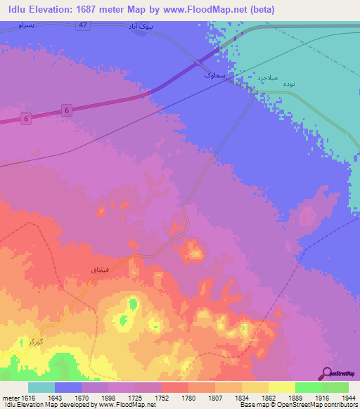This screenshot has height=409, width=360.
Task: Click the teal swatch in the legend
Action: click(x=41, y=387)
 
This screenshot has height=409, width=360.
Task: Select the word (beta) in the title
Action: click(x=259, y=9)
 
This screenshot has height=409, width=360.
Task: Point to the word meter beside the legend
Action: click(x=11, y=397)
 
